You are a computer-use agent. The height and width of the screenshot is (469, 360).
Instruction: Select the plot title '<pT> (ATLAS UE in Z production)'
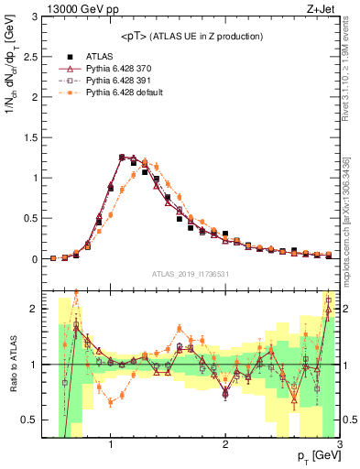(191, 36)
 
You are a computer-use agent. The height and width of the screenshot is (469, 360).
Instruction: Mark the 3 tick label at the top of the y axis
(36, 17)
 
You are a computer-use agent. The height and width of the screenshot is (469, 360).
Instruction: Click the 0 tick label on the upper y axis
(36, 259)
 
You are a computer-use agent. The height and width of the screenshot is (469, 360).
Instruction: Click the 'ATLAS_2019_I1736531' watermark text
(191, 274)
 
